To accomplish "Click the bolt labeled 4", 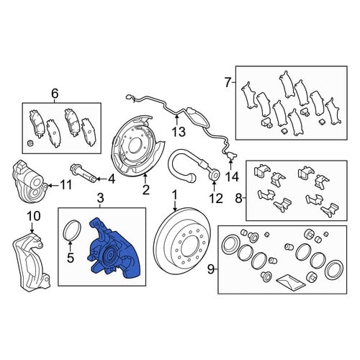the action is pos(84,173).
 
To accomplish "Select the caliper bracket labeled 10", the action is pos(31,261).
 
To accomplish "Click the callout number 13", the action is pos(179,132).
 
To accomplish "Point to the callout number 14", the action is pos(232,177).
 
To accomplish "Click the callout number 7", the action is pos(228,83).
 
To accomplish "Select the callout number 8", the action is pos(238,198).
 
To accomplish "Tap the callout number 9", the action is pos(210,269).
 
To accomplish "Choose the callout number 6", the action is pos(55,93).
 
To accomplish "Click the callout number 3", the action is pos(100,198).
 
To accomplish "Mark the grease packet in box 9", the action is pos(291,282).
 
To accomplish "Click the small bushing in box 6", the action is pos(30,143).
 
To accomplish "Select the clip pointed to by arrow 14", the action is pos(231,156).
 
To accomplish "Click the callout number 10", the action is pos(34,216).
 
